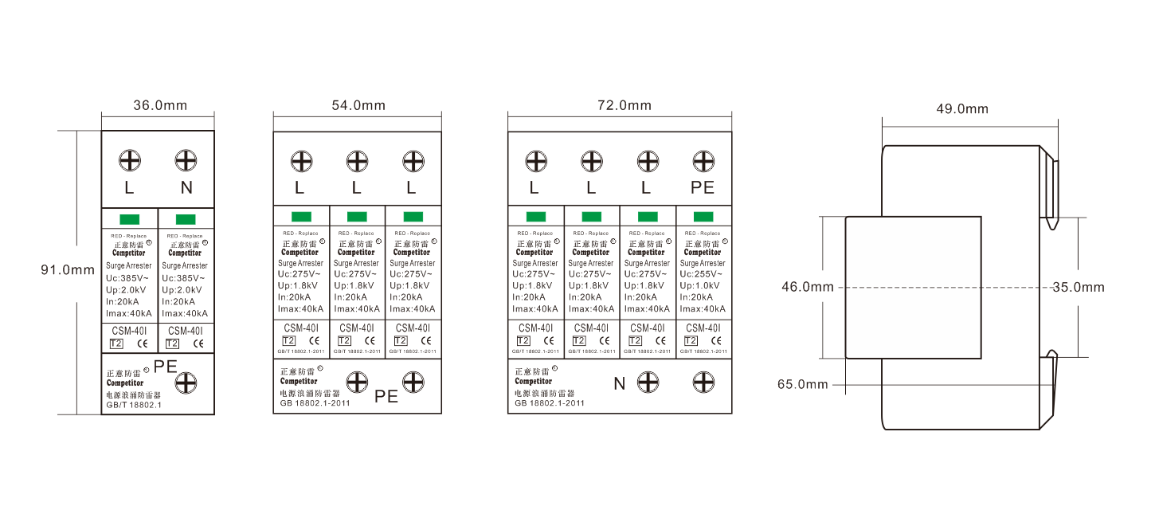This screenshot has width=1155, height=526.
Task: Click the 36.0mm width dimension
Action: (x=159, y=105)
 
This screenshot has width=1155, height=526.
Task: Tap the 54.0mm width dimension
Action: (x=358, y=105)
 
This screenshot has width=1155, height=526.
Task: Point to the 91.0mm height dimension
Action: (x=68, y=270)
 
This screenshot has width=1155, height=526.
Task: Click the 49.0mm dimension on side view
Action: (x=961, y=109)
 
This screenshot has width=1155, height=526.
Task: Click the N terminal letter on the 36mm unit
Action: (x=186, y=188)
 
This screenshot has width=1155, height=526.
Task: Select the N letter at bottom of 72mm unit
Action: (x=619, y=383)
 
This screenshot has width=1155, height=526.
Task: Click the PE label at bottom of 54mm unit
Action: (x=386, y=395)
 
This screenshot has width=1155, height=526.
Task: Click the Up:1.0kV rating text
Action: (x=701, y=285)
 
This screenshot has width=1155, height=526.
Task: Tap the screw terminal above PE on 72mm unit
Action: (x=703, y=162)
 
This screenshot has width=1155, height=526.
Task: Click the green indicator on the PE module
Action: (x=703, y=217)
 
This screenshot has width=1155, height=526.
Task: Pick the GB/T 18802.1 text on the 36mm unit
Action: (x=134, y=405)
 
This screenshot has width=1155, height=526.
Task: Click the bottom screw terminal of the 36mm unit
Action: (x=186, y=383)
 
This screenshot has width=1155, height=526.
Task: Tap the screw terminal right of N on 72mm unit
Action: (x=648, y=381)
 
